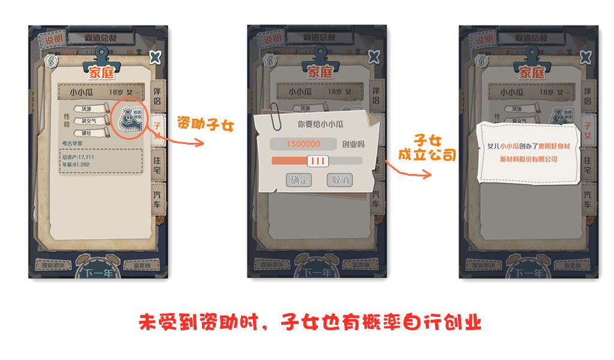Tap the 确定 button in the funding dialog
(x=298, y=180)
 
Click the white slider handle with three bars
(x=317, y=161)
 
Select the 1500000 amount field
(x=303, y=144)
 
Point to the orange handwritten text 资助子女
(x=205, y=125)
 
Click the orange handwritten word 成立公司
(x=428, y=155)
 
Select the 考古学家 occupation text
(x=74, y=143)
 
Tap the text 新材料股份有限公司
(x=528, y=159)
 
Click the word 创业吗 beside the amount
(x=353, y=144)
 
